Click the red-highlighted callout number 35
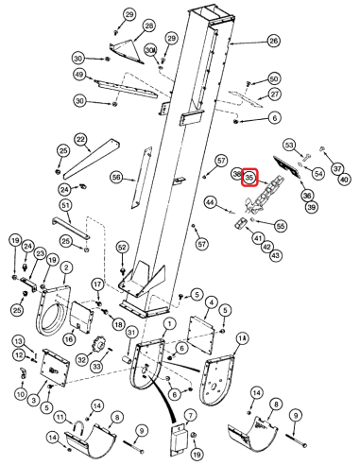249,177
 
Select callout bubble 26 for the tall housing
273,41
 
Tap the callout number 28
149,25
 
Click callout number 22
81,139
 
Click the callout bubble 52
122,247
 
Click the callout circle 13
18,339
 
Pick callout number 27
275,95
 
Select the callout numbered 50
274,78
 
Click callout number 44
211,201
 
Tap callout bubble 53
289,145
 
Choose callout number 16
68,337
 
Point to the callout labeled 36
307,195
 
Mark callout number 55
280,226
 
